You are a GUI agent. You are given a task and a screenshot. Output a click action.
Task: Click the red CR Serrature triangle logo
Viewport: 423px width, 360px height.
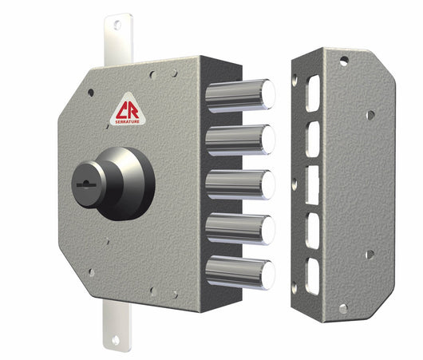click(x=127, y=112)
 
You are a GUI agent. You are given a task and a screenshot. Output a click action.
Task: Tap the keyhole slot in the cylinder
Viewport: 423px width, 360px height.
click(x=84, y=182)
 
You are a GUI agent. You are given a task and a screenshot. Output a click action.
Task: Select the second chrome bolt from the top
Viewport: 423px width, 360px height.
click(x=239, y=140)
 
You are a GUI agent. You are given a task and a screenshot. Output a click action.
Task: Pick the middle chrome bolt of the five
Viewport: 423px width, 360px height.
click(x=239, y=184)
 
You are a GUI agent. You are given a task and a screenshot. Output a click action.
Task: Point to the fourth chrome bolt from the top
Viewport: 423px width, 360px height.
click(x=239, y=229)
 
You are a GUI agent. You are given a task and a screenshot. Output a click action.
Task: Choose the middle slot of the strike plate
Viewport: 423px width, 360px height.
click(x=313, y=183)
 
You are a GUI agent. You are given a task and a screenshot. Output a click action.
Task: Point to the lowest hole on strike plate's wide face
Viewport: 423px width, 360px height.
click(x=369, y=255)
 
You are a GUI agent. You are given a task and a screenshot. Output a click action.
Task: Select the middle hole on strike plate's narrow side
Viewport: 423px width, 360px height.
click(x=295, y=183)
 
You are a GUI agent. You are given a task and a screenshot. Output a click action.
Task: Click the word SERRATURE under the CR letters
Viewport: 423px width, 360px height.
click(x=127, y=120)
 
